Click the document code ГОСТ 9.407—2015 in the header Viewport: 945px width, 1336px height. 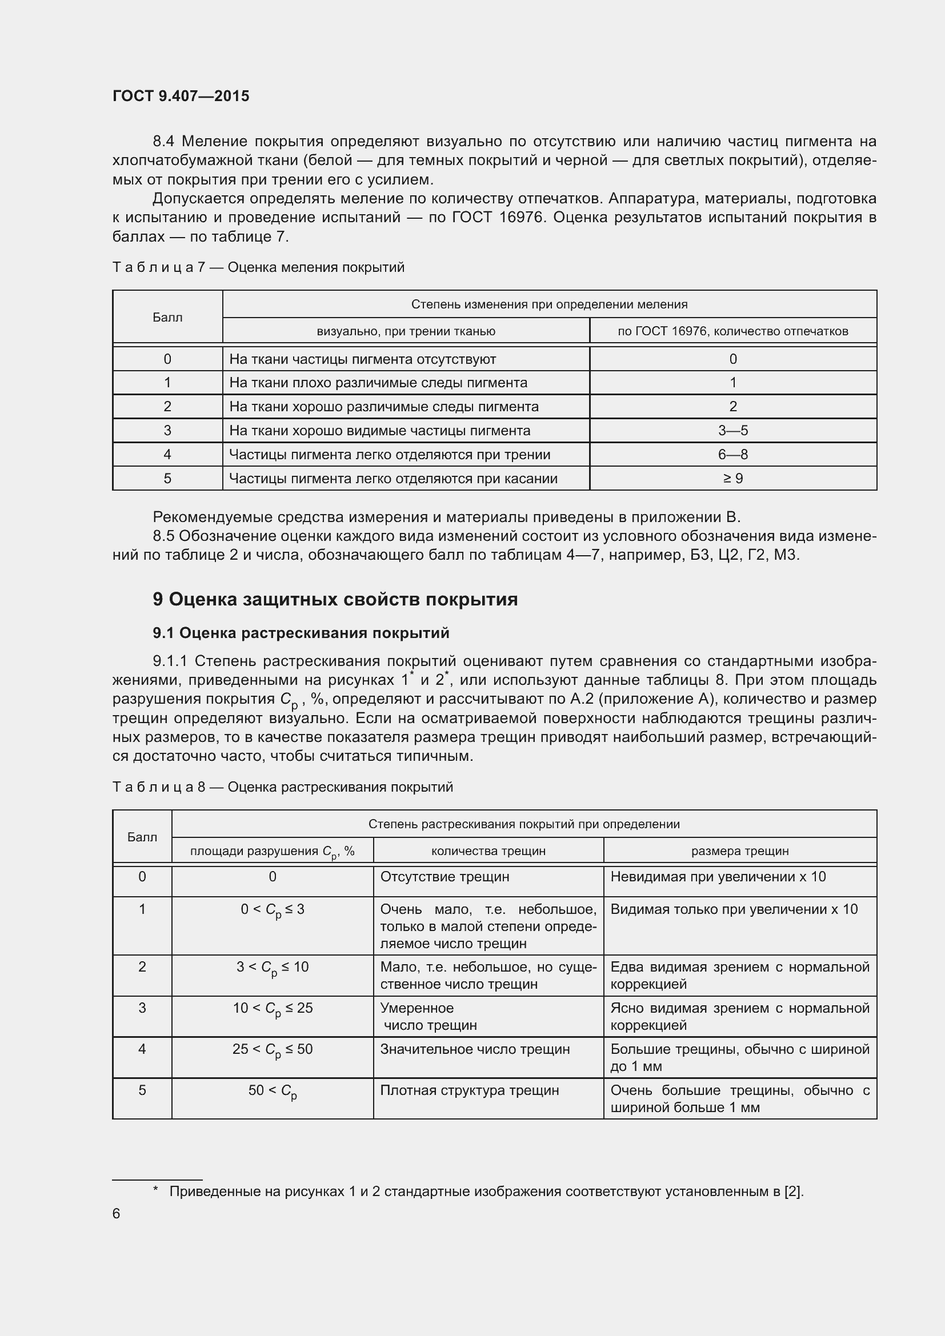click(x=181, y=96)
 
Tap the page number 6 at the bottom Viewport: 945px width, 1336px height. click(x=117, y=1213)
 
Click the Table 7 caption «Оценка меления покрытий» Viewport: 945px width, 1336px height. click(x=315, y=267)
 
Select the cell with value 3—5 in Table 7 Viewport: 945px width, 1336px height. click(x=732, y=431)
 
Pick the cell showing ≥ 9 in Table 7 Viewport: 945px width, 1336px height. click(x=732, y=478)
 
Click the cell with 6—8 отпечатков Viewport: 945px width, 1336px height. click(x=732, y=455)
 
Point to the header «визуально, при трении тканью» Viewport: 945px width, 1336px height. click(x=406, y=331)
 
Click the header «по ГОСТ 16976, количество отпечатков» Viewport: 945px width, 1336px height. click(x=732, y=331)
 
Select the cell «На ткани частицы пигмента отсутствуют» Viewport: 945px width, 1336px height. click(x=363, y=359)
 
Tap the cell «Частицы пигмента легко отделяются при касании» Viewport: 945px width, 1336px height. click(x=393, y=478)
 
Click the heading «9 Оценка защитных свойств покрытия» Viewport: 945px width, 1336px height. click(x=335, y=599)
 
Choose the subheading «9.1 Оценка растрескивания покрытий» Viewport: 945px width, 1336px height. click(x=301, y=633)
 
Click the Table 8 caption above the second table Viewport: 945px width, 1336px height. click(x=282, y=787)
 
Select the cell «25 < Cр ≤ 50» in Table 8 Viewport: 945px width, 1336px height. click(x=273, y=1050)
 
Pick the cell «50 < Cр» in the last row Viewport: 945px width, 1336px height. click(x=273, y=1091)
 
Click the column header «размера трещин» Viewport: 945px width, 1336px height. click(x=739, y=850)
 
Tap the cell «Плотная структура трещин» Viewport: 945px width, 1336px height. click(x=469, y=1090)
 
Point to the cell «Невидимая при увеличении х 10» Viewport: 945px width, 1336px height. click(x=718, y=877)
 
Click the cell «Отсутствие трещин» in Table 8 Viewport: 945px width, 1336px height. click(x=444, y=877)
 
